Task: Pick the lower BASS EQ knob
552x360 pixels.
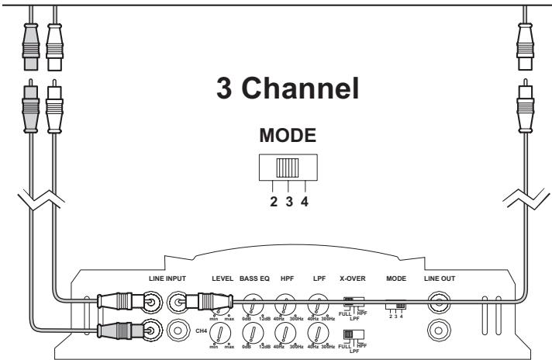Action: pyautogui.click(x=254, y=333)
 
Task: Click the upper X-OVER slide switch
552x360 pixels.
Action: pyautogui.click(x=352, y=299)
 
